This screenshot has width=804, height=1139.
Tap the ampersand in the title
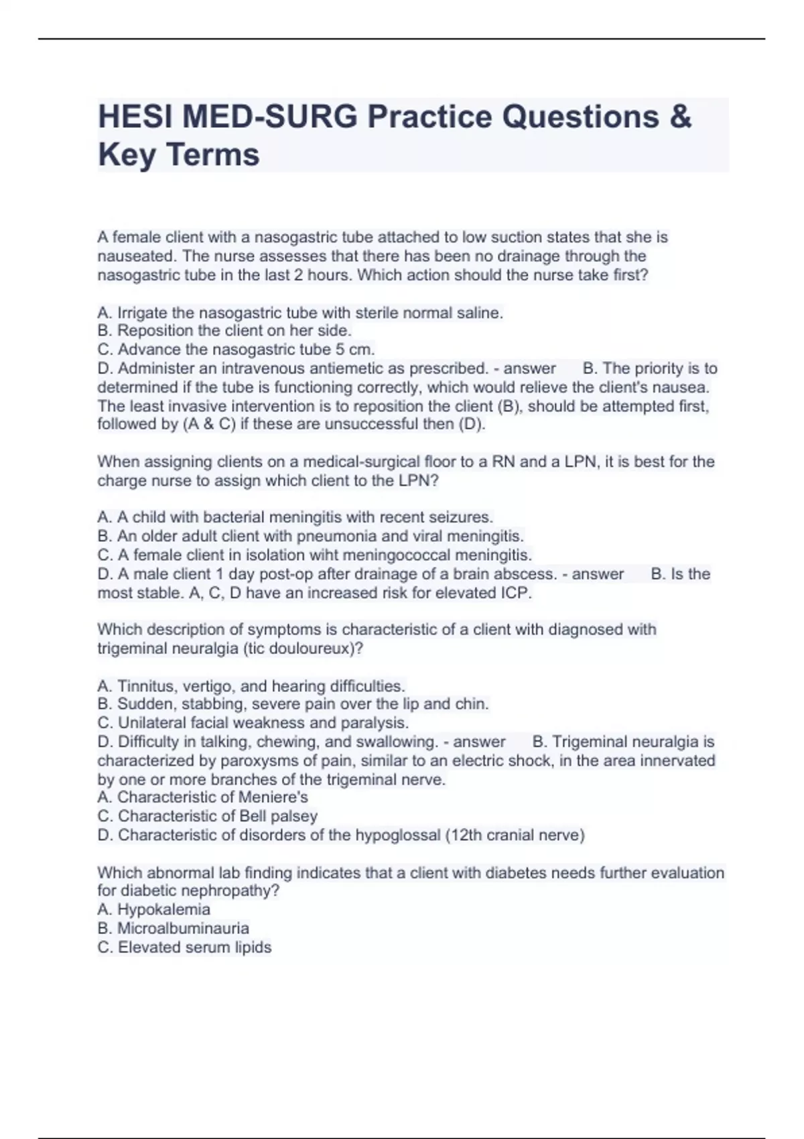coord(679,117)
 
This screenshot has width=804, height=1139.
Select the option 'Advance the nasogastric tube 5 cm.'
coord(236,349)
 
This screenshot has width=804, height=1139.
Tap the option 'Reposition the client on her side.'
coord(224,330)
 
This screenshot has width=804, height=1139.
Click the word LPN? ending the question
coord(419,480)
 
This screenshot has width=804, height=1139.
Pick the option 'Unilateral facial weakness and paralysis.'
coord(253,722)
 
